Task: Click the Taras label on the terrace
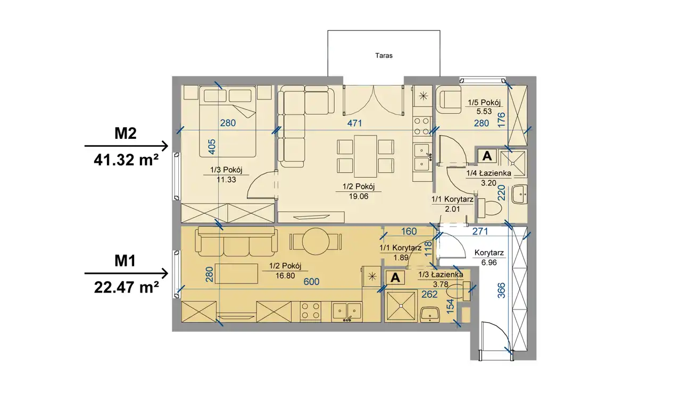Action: (384, 56)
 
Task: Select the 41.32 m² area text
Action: (126, 160)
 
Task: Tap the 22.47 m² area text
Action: (126, 287)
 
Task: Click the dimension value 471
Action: (354, 123)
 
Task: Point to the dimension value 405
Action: (212, 147)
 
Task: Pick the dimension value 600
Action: (311, 281)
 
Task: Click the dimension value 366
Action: (501, 290)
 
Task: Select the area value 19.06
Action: (359, 196)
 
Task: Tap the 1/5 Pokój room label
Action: (484, 103)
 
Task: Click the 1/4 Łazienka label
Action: (488, 173)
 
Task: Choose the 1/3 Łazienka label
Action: (441, 275)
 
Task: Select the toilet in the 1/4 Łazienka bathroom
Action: (489, 208)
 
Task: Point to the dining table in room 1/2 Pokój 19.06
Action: (366, 156)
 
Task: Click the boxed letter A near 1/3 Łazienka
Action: (395, 278)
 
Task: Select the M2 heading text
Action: (126, 133)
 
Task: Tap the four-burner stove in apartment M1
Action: (310, 311)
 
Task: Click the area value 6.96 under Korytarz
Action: (489, 262)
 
